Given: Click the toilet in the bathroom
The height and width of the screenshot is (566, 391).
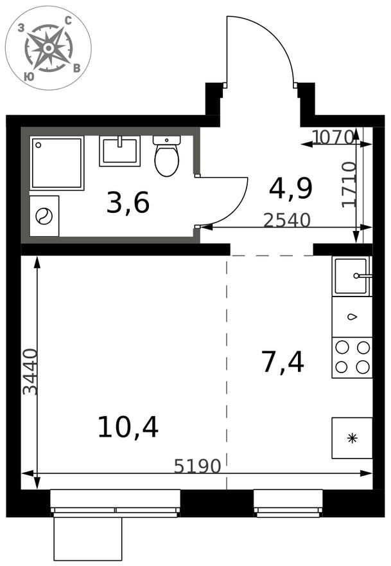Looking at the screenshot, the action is [166, 156].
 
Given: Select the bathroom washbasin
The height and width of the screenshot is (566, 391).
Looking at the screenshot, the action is [119, 151].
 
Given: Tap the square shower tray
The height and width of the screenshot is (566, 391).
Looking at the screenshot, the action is [57, 163].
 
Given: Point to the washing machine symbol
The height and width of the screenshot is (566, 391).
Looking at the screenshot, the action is [44, 216].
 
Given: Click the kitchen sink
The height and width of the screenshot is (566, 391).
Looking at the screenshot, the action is [352, 276].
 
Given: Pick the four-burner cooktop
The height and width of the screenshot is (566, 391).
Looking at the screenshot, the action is [352, 358].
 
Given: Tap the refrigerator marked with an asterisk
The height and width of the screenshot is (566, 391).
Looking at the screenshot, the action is [352, 438].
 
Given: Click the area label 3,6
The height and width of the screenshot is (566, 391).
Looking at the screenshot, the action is [128, 203].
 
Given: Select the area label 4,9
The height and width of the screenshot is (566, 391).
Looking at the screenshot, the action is [290, 189].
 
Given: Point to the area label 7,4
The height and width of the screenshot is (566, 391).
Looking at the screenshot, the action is [283, 362].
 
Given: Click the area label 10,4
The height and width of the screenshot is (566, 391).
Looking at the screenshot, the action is [128, 427].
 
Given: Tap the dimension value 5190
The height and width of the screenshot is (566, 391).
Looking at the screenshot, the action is [197, 466].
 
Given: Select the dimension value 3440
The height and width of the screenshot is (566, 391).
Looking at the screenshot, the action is [30, 372].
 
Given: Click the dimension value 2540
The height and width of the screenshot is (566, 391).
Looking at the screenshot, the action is [287, 220].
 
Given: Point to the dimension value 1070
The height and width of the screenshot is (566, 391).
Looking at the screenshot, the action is [332, 137].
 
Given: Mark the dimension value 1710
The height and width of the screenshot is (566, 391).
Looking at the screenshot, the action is [349, 184].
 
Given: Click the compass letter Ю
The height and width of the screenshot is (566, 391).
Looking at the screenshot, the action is [29, 76].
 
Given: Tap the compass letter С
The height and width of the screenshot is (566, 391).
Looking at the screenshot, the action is [68, 21].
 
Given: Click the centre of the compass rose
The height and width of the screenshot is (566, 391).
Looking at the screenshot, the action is [48, 48].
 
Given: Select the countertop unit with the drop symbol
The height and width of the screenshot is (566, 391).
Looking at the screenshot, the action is [352, 317].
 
